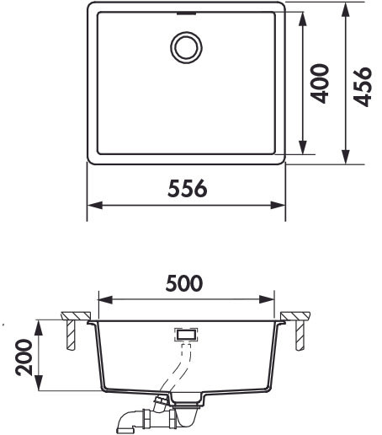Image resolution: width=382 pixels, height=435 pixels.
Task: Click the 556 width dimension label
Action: pos(188,188)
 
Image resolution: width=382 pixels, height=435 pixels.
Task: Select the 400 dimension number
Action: pos(320,83)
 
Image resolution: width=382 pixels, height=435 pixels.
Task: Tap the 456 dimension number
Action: pos(362,87)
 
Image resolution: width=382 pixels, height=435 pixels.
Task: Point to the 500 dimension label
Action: pos(184,283)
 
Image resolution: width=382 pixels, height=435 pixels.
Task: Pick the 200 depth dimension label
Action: pos(24,357)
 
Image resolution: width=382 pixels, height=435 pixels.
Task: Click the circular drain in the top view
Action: pos(186,47)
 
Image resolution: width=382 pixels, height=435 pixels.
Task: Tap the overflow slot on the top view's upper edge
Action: pos(186,13)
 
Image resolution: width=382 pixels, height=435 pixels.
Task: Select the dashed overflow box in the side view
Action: pos(186,335)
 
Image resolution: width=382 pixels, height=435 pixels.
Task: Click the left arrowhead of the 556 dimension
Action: pos(95,206)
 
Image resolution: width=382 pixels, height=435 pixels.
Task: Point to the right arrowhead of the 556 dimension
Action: pos(278,206)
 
